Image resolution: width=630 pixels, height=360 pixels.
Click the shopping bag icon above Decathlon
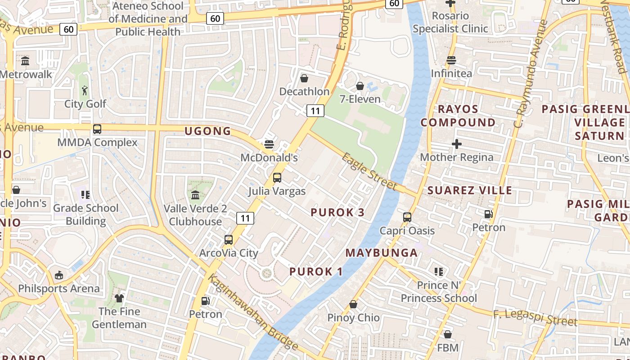coord(304,79)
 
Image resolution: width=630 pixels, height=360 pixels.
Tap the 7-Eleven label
coord(360,99)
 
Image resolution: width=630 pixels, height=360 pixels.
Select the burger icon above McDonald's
coord(269,144)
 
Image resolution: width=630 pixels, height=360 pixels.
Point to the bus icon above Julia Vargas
coord(277,178)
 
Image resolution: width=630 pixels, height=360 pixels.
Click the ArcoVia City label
coord(229,253)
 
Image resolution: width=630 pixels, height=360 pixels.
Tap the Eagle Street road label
coord(369,171)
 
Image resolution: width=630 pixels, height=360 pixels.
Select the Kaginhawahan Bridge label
coord(253,312)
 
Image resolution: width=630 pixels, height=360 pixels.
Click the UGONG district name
coord(208,131)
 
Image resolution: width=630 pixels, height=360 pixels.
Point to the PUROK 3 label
coord(337,212)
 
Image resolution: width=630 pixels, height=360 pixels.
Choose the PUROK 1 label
coord(316,272)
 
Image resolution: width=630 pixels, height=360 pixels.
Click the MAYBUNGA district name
coord(382,253)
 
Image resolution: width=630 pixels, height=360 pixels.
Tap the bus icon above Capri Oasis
coord(407,217)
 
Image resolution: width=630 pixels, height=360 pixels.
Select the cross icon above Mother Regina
coord(457,144)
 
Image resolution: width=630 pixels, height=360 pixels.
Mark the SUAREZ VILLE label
coord(470,190)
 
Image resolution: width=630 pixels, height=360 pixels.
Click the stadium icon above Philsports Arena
coord(59,275)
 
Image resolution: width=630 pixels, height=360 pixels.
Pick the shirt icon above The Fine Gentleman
coord(119,298)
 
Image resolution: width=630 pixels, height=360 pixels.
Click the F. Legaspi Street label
coord(535,318)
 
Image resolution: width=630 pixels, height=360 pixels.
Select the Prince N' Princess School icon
coord(439,272)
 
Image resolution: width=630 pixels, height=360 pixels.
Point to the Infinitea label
coord(451,73)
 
